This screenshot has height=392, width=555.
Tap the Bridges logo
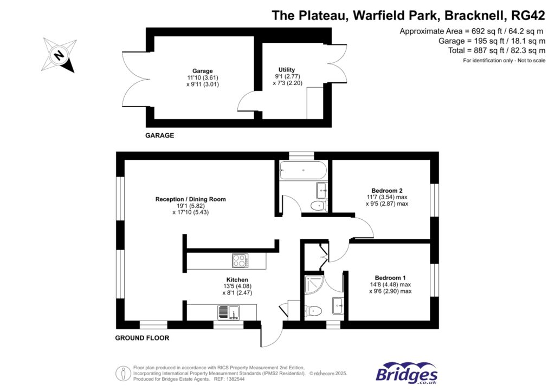point(406,373)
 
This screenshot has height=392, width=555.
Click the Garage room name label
point(203,71)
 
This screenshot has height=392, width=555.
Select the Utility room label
point(286,70)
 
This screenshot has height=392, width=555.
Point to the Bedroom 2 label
point(387,191)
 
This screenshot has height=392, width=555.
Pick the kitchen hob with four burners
point(240,261)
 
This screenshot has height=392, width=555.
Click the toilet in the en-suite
point(314,311)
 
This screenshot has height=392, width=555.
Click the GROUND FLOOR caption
point(142,338)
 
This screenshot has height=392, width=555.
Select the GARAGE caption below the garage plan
point(159,135)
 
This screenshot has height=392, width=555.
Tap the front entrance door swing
point(269,336)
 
